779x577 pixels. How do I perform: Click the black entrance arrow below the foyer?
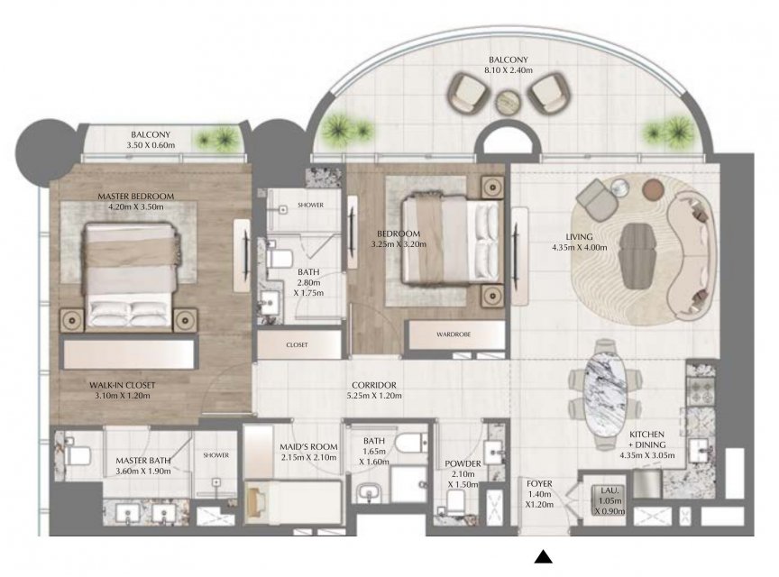(544, 556)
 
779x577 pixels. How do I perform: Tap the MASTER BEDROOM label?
(135, 197)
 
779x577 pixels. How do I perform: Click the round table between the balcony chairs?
(510, 102)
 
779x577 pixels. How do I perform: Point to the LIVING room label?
(579, 236)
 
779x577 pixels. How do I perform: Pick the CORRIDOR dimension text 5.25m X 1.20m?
(374, 396)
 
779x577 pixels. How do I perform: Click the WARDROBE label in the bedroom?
(454, 334)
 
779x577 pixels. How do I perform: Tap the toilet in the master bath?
(76, 453)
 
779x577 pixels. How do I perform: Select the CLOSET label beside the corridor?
(298, 345)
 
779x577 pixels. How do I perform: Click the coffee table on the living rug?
(638, 255)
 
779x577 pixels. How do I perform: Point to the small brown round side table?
(654, 188)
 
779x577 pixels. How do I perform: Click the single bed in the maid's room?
(293, 501)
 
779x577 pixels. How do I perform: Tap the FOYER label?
(539, 483)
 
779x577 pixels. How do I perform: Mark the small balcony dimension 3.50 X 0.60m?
(151, 145)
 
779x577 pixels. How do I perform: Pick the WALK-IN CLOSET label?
(123, 385)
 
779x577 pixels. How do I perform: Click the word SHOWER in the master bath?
(216, 455)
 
